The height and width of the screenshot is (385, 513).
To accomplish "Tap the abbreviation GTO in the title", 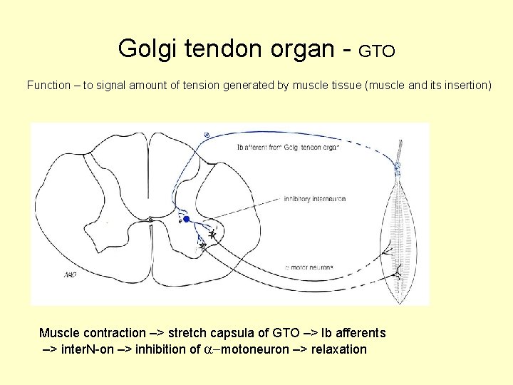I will coord(376,51).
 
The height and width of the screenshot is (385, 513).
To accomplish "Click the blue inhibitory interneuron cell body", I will coord(186,220).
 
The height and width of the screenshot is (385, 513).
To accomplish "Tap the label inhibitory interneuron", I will coord(314,198).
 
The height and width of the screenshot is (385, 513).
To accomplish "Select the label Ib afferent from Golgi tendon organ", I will coord(288,148).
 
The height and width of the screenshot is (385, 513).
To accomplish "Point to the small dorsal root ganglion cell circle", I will coord(207,135).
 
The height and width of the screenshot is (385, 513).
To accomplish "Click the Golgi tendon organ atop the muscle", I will coord(398,169).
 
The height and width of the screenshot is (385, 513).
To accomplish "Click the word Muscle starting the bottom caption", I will coord(60,333).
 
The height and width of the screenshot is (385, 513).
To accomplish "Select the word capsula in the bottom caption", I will coord(232,333).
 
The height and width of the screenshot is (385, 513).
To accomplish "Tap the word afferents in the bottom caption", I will coord(360,333).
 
